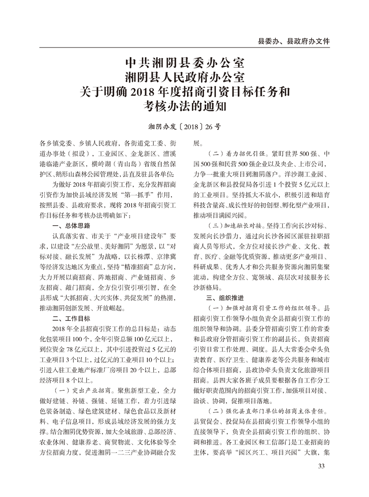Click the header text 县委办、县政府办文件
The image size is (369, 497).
[x=293, y=41]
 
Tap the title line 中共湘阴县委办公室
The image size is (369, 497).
[x=184, y=62]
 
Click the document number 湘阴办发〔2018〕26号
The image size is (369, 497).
[x=184, y=128]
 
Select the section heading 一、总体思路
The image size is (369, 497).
[x=71, y=225]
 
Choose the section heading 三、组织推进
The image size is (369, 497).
[x=225, y=298]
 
